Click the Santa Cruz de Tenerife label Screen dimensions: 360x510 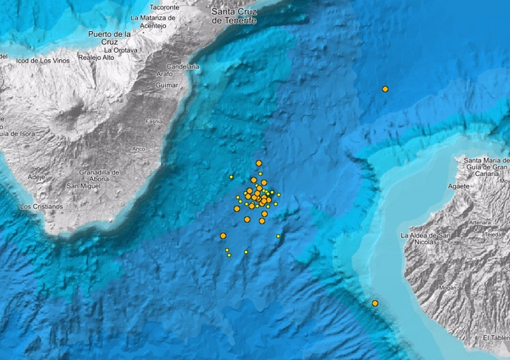235,16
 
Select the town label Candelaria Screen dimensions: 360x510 183,66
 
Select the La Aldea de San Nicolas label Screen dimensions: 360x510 425,238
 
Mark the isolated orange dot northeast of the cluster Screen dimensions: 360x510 385,89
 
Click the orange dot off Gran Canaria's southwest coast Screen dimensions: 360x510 375,303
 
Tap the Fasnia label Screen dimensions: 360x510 154,121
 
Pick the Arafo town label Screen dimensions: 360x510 164,75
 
